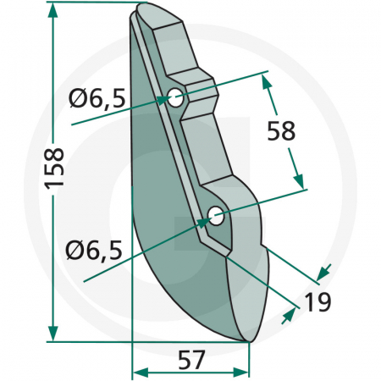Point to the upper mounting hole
coord(175,98)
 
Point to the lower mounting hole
coord(216,216)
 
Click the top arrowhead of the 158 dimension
coord(53,9)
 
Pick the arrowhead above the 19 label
coord(323,273)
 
